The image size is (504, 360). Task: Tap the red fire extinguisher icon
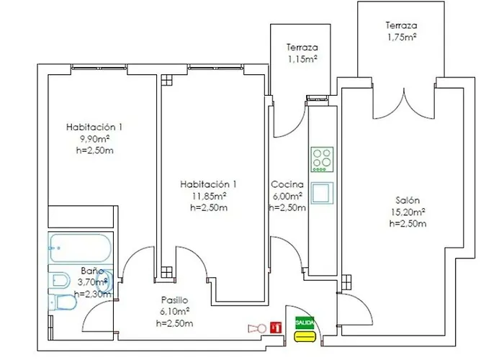pos(274,328)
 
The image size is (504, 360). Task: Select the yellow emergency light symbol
pos(305,336)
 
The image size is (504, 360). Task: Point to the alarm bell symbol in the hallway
pos(254,328)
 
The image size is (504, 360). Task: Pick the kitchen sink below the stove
pos(322,192)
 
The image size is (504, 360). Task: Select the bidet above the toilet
pos(59,280)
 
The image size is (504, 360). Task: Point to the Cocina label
pos(286,184)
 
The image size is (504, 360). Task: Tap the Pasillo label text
pos(174,300)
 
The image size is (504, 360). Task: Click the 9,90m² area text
pos(94,138)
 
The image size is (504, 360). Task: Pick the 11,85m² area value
pos(209,196)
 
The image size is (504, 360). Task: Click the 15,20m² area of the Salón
pos(408,212)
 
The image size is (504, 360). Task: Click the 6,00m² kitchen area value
pos(287,196)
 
